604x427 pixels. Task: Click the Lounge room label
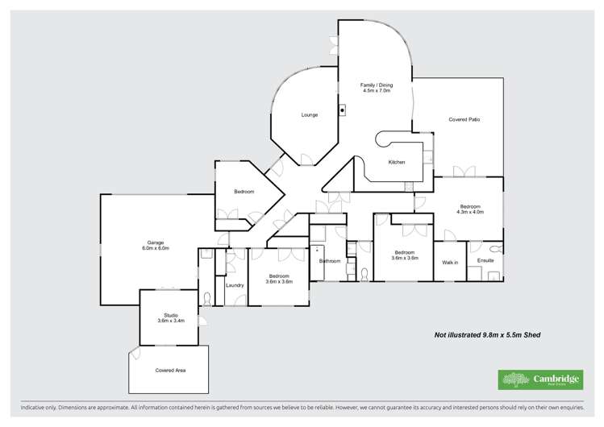309,115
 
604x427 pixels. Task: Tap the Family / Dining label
376,85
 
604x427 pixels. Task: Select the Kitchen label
396,163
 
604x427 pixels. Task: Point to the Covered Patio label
464,119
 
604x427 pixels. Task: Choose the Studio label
171,315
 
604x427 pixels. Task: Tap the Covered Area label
170,370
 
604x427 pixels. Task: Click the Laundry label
235,285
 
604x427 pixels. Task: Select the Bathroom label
329,261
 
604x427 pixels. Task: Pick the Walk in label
449,263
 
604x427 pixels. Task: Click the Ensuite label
485,261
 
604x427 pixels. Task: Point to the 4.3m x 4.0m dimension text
470,212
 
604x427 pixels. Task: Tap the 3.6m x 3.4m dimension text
171,321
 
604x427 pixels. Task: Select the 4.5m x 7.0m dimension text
376,90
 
